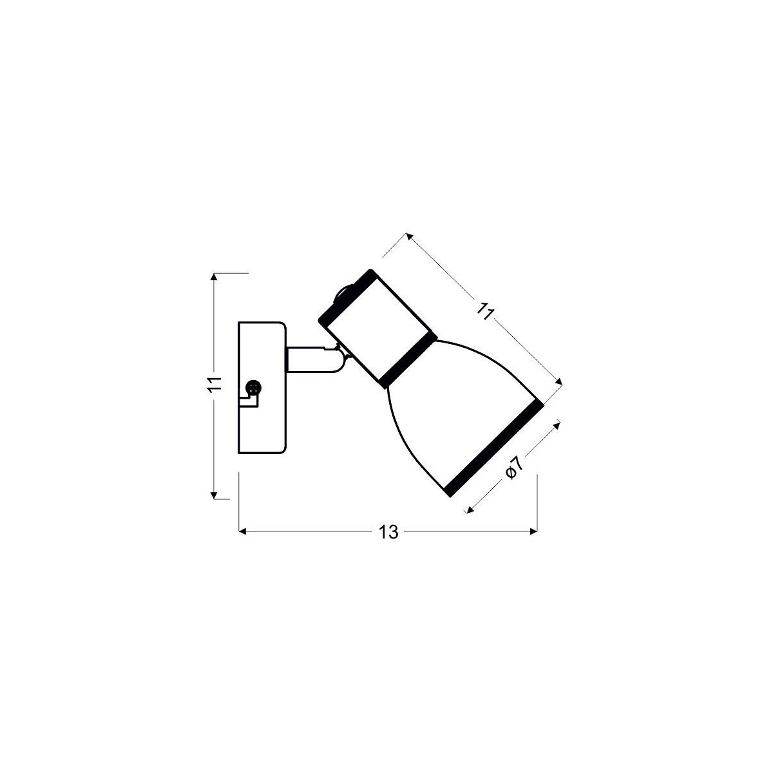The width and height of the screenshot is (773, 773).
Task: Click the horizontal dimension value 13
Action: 388,532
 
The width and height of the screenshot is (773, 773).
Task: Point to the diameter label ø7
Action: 513,469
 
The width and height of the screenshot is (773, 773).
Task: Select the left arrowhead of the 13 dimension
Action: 243,531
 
